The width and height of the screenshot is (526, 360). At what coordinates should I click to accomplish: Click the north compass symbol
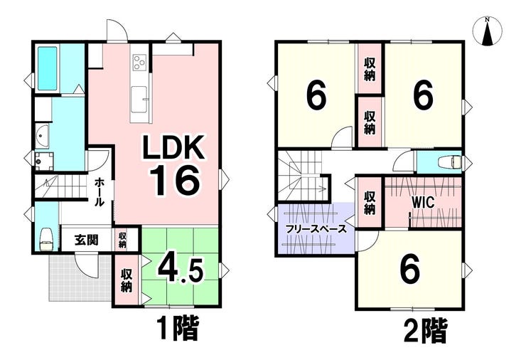click(488, 31)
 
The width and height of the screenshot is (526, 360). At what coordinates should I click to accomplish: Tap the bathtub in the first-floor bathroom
click(48, 68)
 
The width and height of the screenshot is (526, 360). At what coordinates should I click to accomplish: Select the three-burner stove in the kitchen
click(139, 62)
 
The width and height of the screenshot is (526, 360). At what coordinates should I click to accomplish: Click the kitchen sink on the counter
click(139, 100)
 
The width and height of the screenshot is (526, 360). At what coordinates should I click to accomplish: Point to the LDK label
click(173, 148)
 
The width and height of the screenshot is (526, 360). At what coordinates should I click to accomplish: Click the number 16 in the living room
click(175, 181)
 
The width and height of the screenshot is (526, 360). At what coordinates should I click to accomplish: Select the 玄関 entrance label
click(87, 240)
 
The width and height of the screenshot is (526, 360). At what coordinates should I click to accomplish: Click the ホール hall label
click(100, 192)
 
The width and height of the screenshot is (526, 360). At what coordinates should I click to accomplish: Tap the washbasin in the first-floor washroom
click(42, 136)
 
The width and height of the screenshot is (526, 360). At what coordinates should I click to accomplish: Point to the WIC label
click(423, 203)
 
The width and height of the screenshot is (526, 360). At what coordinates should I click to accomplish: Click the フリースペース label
click(316, 229)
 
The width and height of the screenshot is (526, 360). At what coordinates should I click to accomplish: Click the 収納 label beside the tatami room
click(127, 280)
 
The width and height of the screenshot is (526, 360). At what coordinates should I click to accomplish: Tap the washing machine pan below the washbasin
click(44, 161)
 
